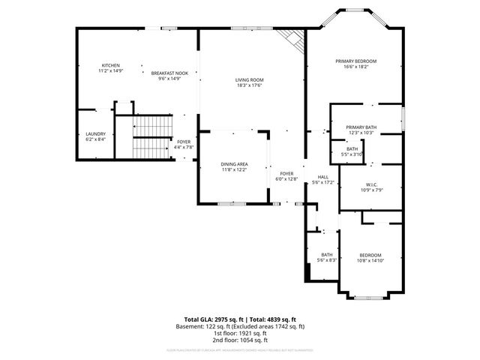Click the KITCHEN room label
click(x=110, y=65)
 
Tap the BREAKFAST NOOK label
click(x=169, y=73)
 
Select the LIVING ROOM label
click(x=250, y=79)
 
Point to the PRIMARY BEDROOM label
click(x=355, y=61)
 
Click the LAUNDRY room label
click(x=95, y=133)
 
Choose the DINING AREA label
click(x=234, y=164)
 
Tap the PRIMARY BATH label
click(x=361, y=127)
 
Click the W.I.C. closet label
click(x=370, y=184)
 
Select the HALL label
click(x=322, y=177)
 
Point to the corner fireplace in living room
click(x=289, y=38)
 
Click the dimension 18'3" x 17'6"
click(x=250, y=85)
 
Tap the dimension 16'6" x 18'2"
click(x=355, y=67)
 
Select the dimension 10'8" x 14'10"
click(x=370, y=260)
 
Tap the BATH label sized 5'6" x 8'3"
click(x=327, y=254)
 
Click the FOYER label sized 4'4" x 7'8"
click(x=184, y=141)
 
